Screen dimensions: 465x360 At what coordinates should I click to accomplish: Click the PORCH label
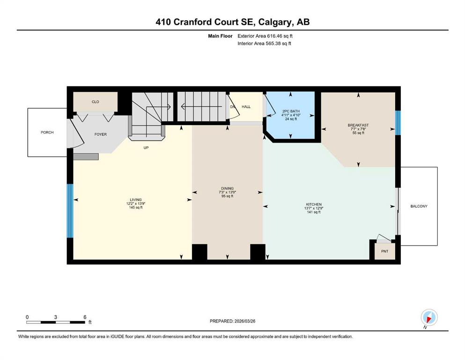47,132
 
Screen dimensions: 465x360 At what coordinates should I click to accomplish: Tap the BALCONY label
419,206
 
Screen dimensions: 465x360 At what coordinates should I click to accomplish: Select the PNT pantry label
384,251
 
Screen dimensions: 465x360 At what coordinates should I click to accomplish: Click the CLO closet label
95,102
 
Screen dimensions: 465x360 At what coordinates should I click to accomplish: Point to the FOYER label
101,135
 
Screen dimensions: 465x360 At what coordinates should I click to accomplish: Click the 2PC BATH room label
291,111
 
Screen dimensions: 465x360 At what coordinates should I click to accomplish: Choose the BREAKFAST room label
358,125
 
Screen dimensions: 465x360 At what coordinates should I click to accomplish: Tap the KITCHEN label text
314,204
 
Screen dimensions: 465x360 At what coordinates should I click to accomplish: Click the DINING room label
227,188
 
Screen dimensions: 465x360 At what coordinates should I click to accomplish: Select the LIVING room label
135,200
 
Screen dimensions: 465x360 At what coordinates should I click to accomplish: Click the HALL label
246,107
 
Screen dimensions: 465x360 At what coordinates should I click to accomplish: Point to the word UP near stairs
146,148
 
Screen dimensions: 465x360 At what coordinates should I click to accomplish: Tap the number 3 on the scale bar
55,317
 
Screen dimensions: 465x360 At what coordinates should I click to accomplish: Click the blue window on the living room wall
70,211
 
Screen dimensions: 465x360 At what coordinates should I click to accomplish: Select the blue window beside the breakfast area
398,123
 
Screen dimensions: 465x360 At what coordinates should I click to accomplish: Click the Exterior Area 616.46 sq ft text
265,36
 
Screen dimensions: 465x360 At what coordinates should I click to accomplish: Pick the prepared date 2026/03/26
244,321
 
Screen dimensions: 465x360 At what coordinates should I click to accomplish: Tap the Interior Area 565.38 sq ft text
264,43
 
